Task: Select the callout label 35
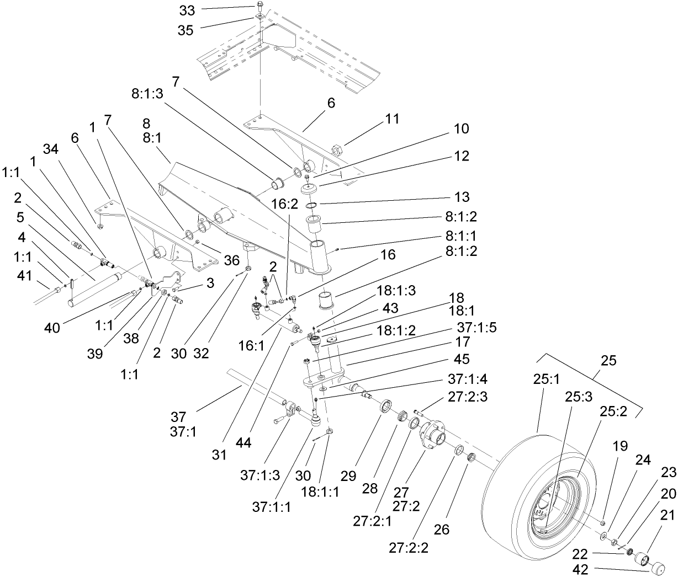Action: tap(186, 30)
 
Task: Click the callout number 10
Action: tap(461, 129)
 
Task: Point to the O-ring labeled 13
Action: tap(312, 206)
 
